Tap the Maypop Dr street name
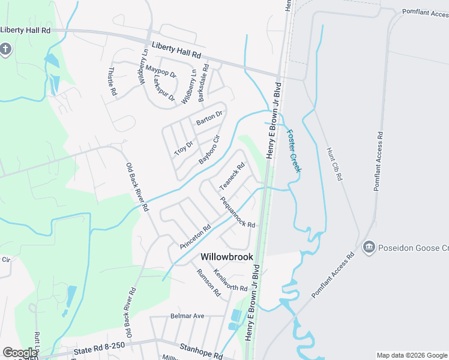coord(160,71)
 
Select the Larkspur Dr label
coord(163,88)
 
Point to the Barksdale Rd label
coord(203,82)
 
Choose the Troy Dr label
coord(184,148)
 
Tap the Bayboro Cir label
coord(209,151)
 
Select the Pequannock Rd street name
coord(238,212)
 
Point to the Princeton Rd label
coord(195,237)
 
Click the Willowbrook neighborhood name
coord(227,256)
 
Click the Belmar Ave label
coord(187,316)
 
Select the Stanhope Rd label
coord(201,351)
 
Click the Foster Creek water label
coord(294,151)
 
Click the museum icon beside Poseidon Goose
coord(369,247)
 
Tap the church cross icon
coord(5,49)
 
